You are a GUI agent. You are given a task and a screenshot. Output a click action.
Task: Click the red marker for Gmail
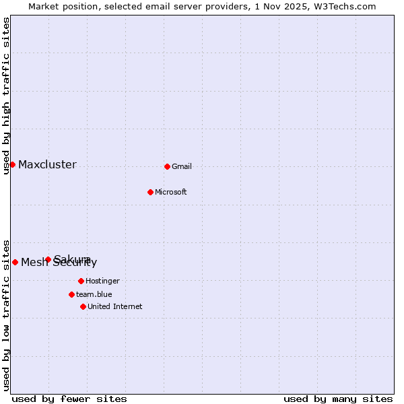click(x=167, y=166)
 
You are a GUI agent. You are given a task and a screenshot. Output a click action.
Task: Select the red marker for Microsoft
click(x=151, y=192)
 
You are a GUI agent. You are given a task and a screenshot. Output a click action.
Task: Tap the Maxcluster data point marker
click(x=12, y=164)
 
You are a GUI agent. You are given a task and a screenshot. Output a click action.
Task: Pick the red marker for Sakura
click(x=48, y=259)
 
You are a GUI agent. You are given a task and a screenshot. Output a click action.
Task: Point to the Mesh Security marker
click(x=15, y=262)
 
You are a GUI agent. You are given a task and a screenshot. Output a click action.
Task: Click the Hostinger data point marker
click(x=81, y=281)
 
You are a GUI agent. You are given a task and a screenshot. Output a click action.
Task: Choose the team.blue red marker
click(x=71, y=294)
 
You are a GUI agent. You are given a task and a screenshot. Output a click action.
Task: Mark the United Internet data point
click(x=83, y=306)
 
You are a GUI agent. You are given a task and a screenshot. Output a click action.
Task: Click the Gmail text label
click(x=182, y=166)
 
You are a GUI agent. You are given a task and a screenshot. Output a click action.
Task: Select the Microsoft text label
click(x=171, y=192)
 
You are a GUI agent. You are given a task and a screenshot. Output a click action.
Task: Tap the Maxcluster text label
click(x=47, y=165)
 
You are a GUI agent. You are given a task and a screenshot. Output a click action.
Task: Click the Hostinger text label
click(x=102, y=281)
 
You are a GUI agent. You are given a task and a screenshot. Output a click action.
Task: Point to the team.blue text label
click(x=94, y=294)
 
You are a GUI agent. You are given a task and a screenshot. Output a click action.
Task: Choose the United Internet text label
click(x=115, y=306)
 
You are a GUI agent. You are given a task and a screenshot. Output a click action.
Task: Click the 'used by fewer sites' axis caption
click(x=69, y=399)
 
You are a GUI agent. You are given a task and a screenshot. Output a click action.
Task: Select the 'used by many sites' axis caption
click(x=338, y=399)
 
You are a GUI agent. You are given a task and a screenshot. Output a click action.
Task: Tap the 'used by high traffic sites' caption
click(x=6, y=96)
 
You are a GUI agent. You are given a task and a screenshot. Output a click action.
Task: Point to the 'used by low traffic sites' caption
click(x=6, y=314)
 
